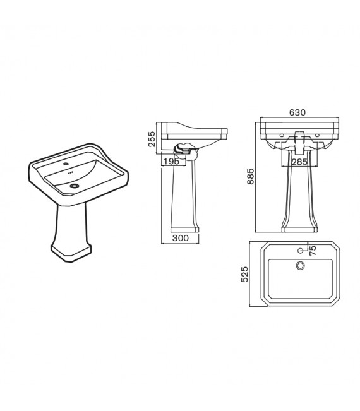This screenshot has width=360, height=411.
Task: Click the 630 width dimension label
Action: [297, 112]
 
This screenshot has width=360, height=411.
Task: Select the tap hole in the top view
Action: [300, 251]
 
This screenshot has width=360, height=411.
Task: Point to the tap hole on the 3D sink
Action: [67, 164]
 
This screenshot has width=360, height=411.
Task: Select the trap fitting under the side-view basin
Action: [185, 150]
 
